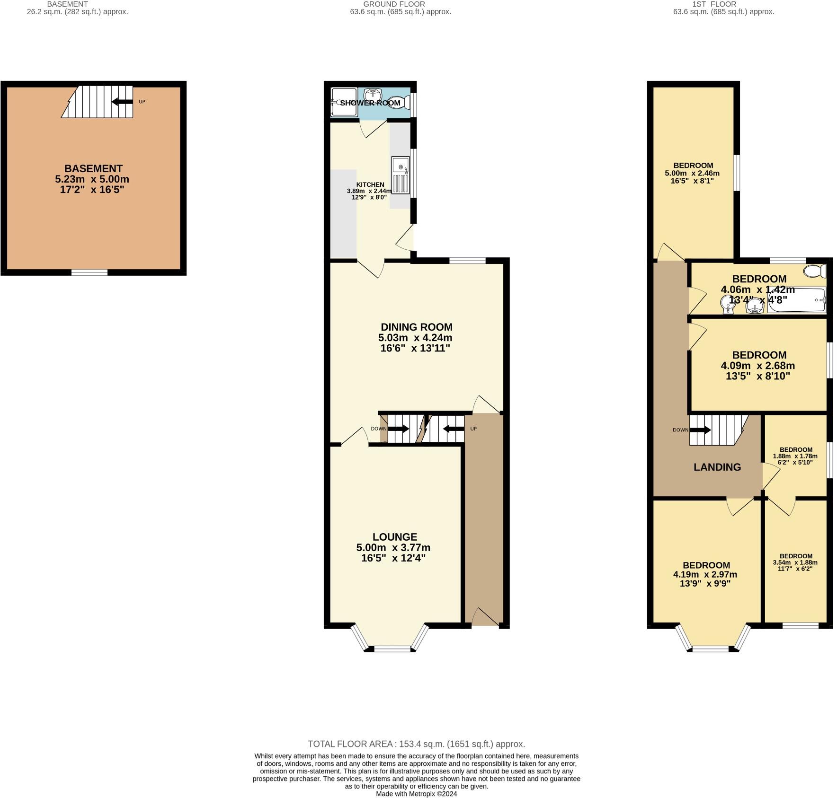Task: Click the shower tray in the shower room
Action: pyautogui.click(x=339, y=102)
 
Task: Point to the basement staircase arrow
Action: pyautogui.click(x=122, y=101)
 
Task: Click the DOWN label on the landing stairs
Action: pyautogui.click(x=680, y=430)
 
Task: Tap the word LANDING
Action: pyautogui.click(x=717, y=467)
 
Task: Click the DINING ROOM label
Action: pyautogui.click(x=417, y=327)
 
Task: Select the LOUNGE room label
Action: pyautogui.click(x=394, y=537)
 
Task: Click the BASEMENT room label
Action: pyautogui.click(x=93, y=168)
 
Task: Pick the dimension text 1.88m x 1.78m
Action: pyautogui.click(x=795, y=456)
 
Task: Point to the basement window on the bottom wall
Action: pyautogui.click(x=89, y=272)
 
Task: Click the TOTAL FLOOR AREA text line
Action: pyautogui.click(x=416, y=744)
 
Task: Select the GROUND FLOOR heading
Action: pyautogui.click(x=400, y=4)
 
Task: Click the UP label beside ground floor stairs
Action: pyautogui.click(x=473, y=429)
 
